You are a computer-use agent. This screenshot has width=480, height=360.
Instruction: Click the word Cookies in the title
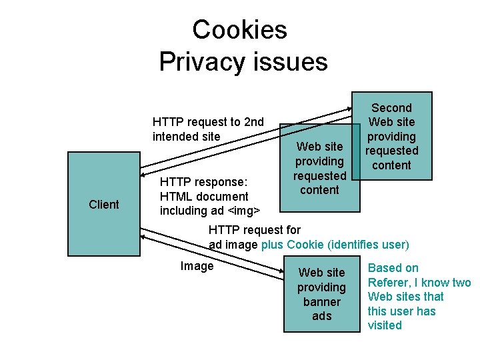(239, 29)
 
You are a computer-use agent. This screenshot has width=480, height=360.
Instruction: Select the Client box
(104, 204)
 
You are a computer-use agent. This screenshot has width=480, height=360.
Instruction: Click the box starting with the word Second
(391, 135)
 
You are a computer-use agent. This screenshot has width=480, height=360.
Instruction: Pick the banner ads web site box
(321, 293)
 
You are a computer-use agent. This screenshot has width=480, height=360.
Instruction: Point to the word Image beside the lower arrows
(197, 266)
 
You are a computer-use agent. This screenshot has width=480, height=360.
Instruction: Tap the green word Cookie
(305, 244)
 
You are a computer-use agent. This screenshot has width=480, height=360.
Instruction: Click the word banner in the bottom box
(321, 301)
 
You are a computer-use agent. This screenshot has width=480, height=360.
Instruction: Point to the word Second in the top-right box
(391, 107)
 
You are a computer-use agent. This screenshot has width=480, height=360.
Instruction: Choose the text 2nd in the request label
(254, 122)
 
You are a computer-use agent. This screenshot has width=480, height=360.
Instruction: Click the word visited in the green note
(385, 325)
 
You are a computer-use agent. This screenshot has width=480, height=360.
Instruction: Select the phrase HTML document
(204, 196)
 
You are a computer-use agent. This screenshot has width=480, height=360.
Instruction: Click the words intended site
(186, 136)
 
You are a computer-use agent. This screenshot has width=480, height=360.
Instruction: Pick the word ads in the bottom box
(321, 316)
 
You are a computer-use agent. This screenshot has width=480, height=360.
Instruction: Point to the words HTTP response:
(204, 182)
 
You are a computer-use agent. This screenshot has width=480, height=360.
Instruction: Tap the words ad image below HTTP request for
(233, 244)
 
